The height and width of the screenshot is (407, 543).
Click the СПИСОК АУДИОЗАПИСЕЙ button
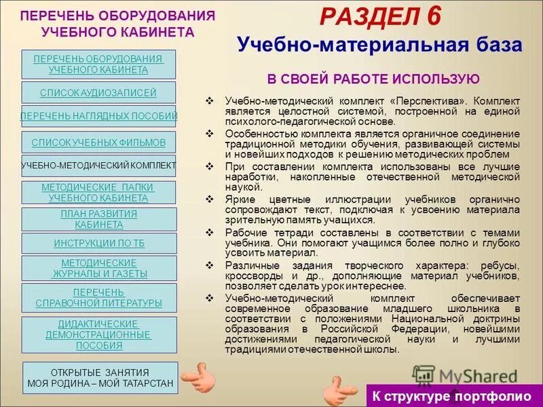point(98,92)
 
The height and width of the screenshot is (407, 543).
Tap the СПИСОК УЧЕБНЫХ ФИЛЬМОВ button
point(98,142)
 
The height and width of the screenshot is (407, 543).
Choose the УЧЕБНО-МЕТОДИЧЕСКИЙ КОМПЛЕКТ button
point(98,166)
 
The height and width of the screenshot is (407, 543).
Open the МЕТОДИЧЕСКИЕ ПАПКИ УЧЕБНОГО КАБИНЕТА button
point(98,193)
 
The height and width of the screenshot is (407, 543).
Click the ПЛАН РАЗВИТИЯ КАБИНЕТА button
point(98,219)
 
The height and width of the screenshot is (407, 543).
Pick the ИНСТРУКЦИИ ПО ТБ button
point(98,243)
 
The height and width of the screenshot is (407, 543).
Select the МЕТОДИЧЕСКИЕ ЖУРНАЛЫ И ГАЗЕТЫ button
point(98,268)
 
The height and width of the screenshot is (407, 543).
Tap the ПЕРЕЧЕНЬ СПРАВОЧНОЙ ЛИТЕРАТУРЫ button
point(98,297)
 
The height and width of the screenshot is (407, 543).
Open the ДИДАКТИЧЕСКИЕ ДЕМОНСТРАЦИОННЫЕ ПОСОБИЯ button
point(98,334)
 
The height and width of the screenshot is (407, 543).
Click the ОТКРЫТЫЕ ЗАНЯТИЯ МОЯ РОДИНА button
point(100,378)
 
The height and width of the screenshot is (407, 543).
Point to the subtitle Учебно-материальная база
point(379,45)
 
